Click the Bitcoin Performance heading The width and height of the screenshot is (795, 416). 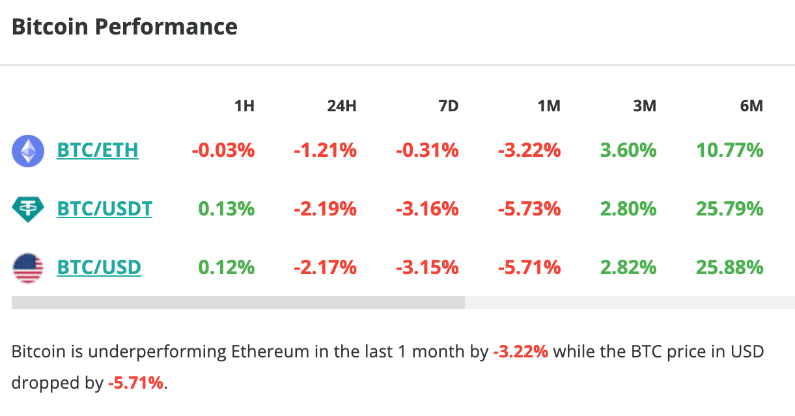tap(124, 27)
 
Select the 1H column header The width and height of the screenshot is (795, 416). tap(244, 105)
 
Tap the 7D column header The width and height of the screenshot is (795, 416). tap(448, 105)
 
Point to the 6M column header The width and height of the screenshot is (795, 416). tap(751, 105)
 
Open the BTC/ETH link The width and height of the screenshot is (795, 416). tap(98, 151)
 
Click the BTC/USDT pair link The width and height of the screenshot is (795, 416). tap(105, 209)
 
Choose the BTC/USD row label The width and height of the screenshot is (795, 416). tap(99, 268)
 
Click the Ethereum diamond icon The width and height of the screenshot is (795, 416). tap(28, 151)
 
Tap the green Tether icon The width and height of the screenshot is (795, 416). tap(28, 209)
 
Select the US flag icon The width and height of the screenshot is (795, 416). tap(28, 268)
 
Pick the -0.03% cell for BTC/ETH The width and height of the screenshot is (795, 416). tap(223, 151)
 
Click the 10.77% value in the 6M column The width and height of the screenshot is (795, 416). tap(729, 151)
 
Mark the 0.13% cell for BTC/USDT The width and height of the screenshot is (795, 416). tap(226, 209)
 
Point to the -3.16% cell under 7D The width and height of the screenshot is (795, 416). tap(427, 209)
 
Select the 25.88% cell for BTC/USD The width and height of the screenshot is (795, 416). tap(729, 268)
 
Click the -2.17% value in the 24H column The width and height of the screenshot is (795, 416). tap(325, 268)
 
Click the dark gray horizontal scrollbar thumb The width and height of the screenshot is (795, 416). tap(238, 303)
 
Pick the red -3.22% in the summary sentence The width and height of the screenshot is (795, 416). tap(520, 352)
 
